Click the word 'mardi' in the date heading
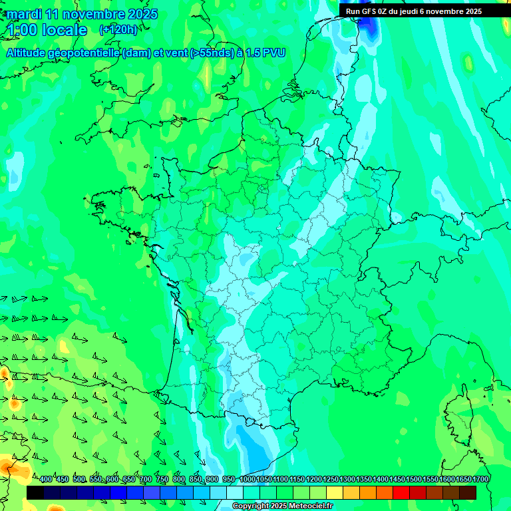point(25,14)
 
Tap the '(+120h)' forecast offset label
point(118,30)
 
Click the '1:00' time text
point(22,30)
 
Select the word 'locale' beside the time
point(65,30)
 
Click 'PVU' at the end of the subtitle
point(274,53)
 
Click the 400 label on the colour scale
point(46,480)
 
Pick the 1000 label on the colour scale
point(248,480)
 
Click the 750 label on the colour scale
point(162,480)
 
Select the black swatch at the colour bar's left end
point(35,492)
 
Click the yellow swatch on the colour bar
point(335,492)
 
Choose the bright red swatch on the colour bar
point(401,492)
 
